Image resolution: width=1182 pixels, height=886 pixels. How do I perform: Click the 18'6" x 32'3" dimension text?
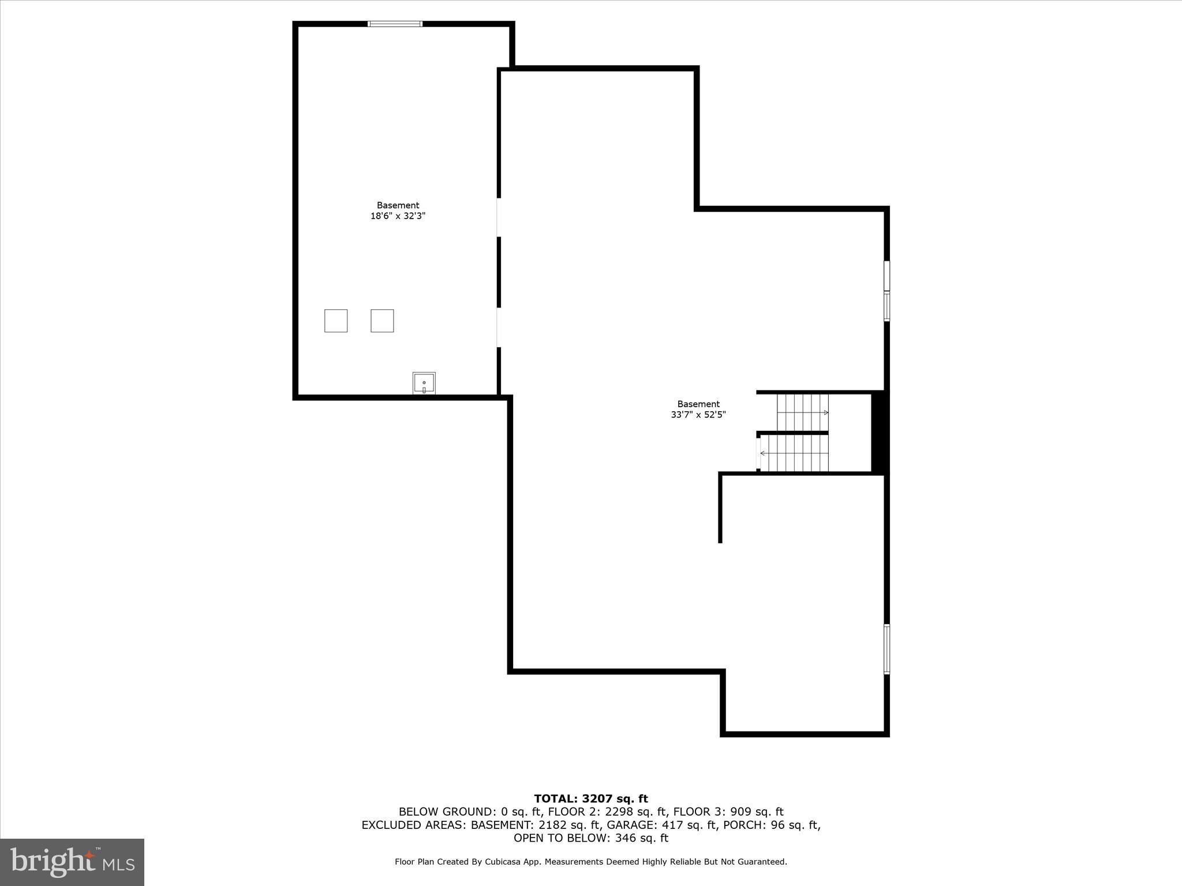click(398, 216)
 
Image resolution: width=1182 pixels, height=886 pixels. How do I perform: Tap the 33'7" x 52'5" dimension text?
click(698, 415)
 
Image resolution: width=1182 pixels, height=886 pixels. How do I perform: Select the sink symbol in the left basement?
click(424, 383)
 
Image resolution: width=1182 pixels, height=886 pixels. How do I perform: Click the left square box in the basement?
click(336, 321)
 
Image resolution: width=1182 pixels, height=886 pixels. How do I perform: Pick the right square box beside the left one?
click(382, 321)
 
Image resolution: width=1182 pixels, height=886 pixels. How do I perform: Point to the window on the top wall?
click(395, 24)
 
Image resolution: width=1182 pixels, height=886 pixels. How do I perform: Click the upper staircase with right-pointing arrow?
click(802, 412)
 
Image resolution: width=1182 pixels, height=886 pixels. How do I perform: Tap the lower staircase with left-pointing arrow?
click(795, 453)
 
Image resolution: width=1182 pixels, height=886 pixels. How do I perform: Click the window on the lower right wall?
click(887, 649)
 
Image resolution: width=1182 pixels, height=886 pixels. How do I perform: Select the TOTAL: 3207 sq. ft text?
click(591, 799)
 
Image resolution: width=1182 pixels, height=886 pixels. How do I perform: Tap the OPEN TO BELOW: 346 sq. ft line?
click(591, 838)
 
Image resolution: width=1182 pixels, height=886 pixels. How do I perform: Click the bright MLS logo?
click(72, 862)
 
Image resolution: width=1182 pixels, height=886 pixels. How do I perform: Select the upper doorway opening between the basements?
click(499, 217)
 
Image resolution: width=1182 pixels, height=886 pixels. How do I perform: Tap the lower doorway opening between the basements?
click(499, 328)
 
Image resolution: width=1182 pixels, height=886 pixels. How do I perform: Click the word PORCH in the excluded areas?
click(747, 825)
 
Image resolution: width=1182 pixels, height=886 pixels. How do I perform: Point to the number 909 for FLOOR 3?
click(740, 812)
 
